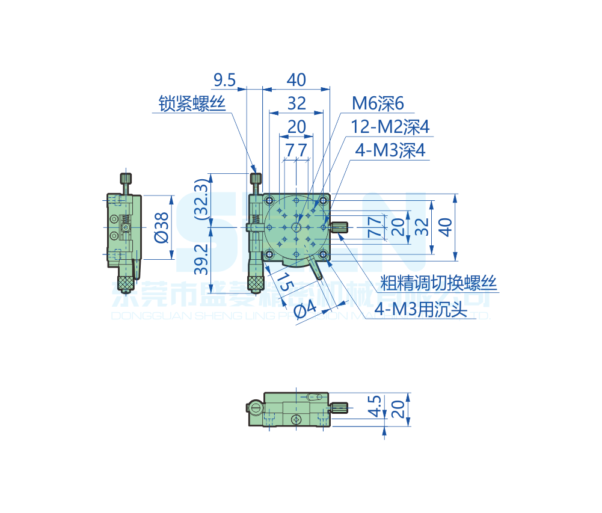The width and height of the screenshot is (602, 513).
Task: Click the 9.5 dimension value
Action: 224,79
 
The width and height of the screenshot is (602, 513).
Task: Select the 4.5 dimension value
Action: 375,406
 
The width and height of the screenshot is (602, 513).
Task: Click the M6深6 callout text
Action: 378,103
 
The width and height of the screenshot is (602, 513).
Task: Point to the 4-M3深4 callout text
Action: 390,150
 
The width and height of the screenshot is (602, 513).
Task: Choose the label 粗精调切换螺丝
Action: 438,283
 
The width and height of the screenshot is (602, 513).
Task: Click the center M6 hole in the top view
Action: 296,227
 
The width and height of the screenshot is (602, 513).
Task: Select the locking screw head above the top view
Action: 257,179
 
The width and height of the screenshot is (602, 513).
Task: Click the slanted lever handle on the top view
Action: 316,268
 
